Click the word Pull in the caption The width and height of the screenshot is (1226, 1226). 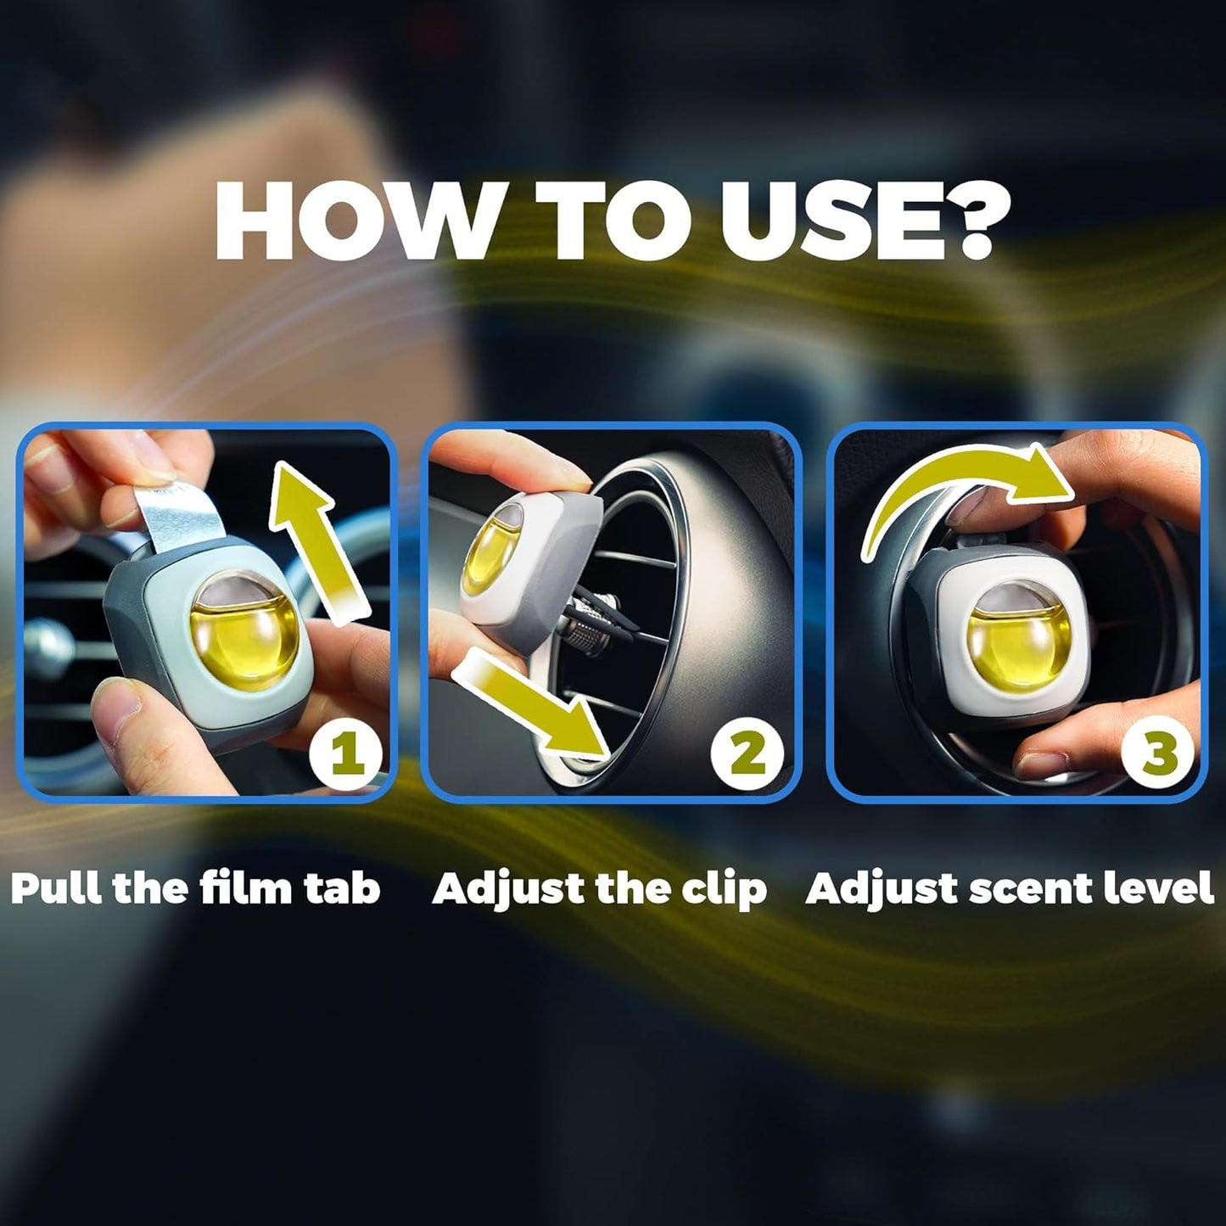57,888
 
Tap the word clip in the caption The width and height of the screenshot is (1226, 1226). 725,889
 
